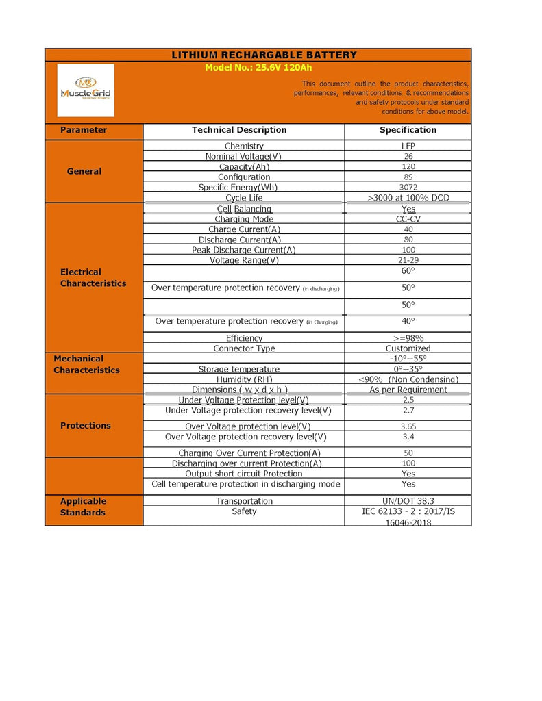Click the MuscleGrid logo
pyautogui.click(x=86, y=90)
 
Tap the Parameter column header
pyautogui.click(x=84, y=130)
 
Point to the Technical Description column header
pyautogui.click(x=239, y=130)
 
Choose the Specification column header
pyautogui.click(x=408, y=130)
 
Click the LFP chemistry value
pyautogui.click(x=408, y=146)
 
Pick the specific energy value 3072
pyautogui.click(x=408, y=187)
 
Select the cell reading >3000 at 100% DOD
pyautogui.click(x=408, y=198)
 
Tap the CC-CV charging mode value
pyautogui.click(x=408, y=219)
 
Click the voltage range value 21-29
pyautogui.click(x=408, y=260)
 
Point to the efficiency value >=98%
pyautogui.click(x=408, y=338)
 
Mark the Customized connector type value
pyautogui.click(x=408, y=348)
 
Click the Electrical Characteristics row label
pyautogui.click(x=93, y=277)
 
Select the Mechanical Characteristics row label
pyautogui.click(x=86, y=364)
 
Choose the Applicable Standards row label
pyautogui.click(x=83, y=507)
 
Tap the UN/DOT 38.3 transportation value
pyautogui.click(x=408, y=501)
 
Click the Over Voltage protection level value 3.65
pyautogui.click(x=408, y=426)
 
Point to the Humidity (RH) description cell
pyautogui.click(x=244, y=379)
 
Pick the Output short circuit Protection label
pyautogui.click(x=244, y=474)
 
